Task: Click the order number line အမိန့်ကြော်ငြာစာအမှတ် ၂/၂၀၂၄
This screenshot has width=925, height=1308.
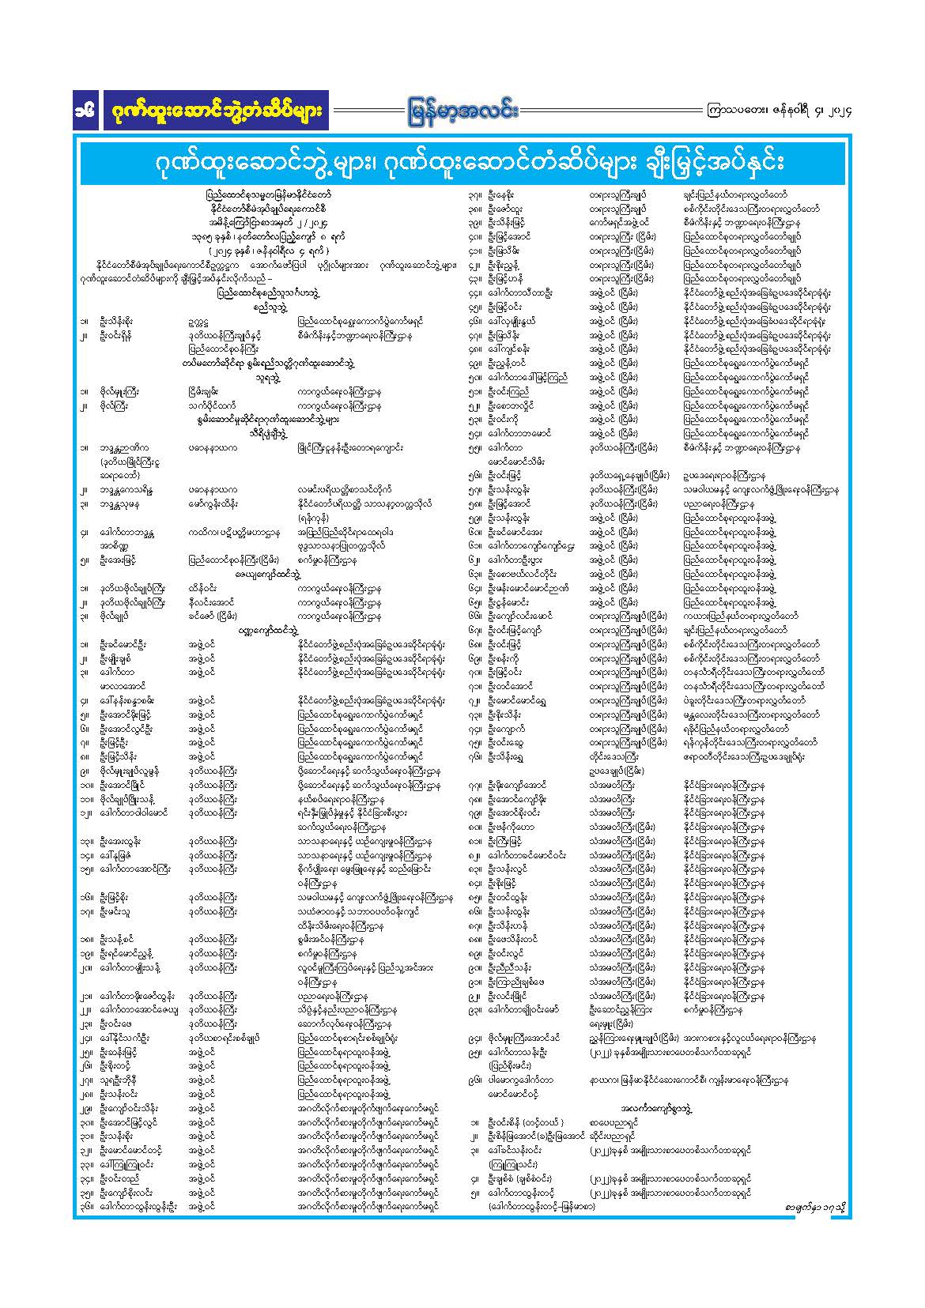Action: [269, 223]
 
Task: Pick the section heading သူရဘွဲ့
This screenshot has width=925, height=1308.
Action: [270, 378]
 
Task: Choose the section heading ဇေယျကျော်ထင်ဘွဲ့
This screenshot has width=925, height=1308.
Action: [270, 575]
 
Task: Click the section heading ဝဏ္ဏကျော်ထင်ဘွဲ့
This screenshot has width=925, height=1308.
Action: [270, 631]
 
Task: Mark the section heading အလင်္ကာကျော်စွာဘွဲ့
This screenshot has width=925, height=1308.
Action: [657, 1109]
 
